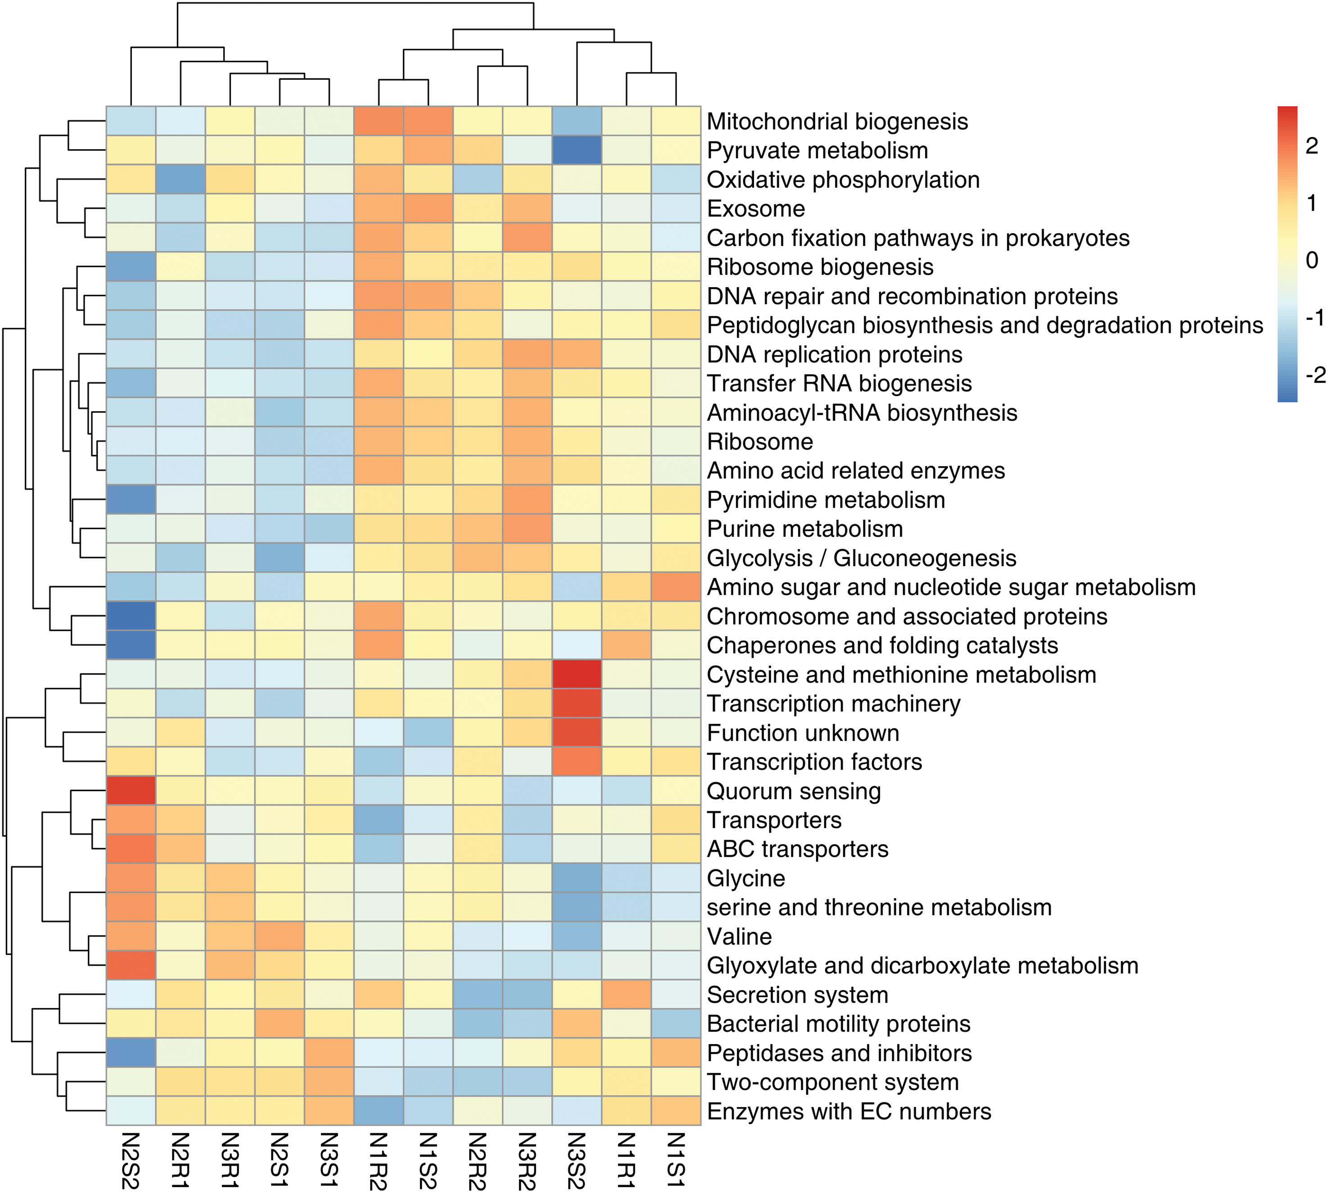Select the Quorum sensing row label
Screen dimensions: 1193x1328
coord(794,791)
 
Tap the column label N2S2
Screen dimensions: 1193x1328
coord(131,1160)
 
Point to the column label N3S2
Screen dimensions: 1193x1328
coord(577,1160)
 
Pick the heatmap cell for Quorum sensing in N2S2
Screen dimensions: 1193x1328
coord(131,791)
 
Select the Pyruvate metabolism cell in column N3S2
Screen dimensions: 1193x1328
coord(577,150)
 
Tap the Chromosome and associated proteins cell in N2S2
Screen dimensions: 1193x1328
coord(131,616)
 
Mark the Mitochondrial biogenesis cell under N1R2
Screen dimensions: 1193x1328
coord(379,121)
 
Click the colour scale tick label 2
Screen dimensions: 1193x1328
coord(1312,145)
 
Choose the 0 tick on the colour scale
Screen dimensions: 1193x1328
coord(1312,260)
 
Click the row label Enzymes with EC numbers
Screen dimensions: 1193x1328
coord(849,1111)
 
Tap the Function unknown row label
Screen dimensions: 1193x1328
coord(803,733)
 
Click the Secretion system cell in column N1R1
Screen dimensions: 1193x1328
coord(626,995)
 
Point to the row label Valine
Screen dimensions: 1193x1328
coord(739,936)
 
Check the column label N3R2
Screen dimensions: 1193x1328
coord(527,1160)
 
